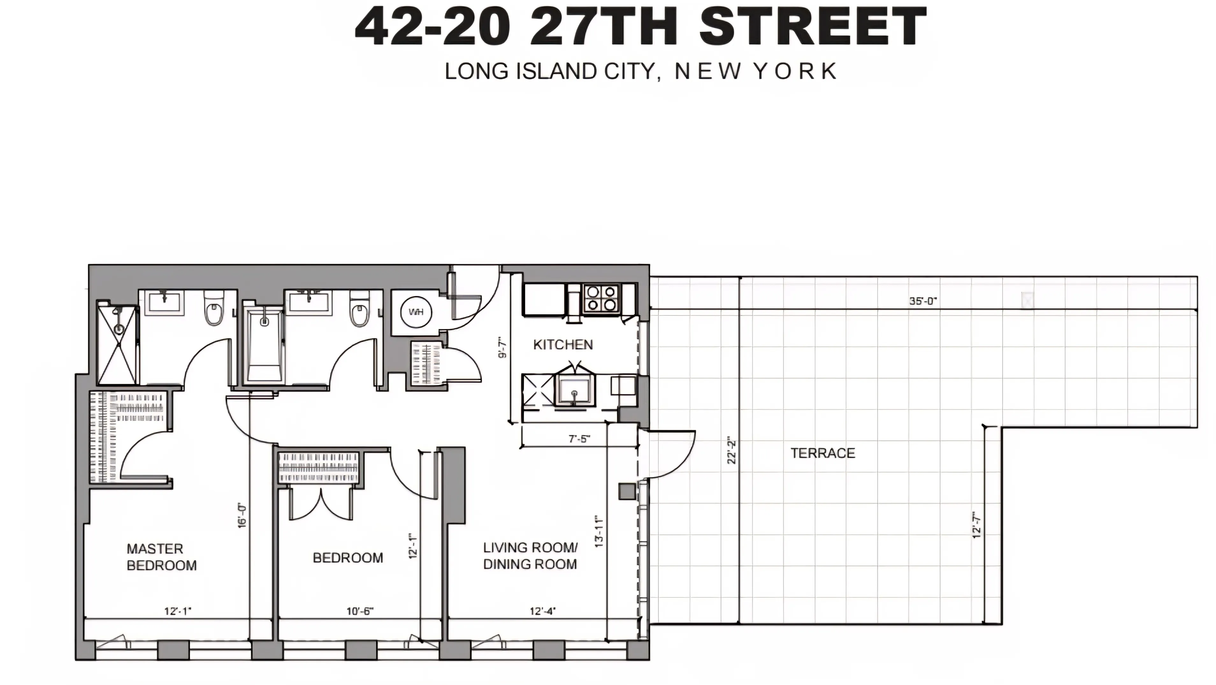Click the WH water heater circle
416,312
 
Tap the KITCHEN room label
563,344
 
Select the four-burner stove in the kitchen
601,298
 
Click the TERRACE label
823,453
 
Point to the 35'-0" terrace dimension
923,301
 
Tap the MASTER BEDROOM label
161,557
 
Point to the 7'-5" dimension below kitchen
579,439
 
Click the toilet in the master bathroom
214,310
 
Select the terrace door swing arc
675,453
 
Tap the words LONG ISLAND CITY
550,71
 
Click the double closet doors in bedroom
321,505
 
